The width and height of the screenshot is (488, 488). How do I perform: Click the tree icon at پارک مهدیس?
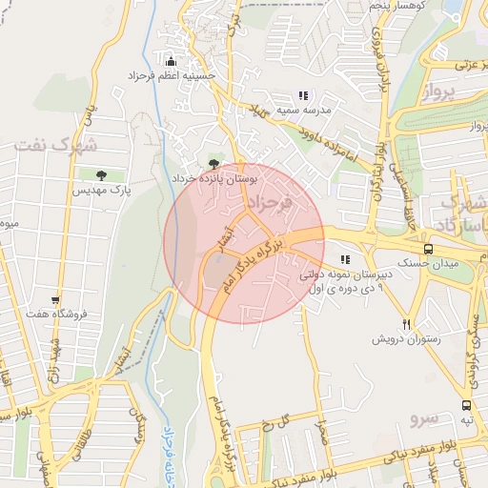101,174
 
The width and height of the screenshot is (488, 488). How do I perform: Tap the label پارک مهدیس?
101,191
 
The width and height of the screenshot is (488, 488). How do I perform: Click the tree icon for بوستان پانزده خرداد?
213,164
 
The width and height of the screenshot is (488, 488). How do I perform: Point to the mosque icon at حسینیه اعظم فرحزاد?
171,60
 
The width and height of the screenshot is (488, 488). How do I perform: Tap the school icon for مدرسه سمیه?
303,95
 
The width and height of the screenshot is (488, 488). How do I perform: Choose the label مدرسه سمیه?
303,110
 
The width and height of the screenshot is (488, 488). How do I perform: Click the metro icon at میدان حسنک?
428,248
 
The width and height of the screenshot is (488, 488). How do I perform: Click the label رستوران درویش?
404,338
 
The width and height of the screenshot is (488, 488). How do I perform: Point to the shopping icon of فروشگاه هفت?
56,299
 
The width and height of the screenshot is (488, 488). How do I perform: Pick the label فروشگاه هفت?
56,314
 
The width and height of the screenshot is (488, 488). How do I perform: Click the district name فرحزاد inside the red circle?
269,204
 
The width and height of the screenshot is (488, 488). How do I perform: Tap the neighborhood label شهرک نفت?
56,145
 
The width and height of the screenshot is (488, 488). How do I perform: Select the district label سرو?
424,418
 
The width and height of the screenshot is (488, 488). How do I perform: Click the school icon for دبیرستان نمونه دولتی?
344,258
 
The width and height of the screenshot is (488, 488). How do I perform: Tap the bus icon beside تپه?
466,405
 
